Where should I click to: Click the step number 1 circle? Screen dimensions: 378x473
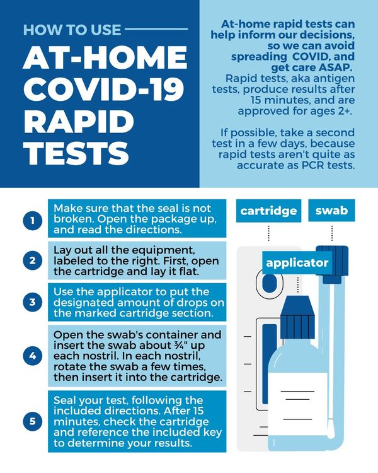33,221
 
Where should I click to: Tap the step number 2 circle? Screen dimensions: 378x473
33,260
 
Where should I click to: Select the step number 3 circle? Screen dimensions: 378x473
33,302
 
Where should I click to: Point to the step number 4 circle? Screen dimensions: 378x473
33,356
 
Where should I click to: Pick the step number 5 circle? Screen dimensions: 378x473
33,421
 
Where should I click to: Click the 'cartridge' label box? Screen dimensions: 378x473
268,211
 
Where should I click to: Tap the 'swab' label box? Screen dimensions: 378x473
331,211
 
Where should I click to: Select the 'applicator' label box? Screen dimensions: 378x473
297,263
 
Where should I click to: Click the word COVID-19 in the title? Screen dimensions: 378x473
103,90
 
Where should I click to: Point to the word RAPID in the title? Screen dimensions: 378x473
79,122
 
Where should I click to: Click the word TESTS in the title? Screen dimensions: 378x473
77,153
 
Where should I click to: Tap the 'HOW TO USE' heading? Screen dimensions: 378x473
72,30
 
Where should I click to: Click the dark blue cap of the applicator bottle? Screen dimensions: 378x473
297,317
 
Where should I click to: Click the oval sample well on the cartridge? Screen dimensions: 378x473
270,283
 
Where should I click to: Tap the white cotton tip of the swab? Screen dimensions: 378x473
331,428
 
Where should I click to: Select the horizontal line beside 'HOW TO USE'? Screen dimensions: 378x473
156,29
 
